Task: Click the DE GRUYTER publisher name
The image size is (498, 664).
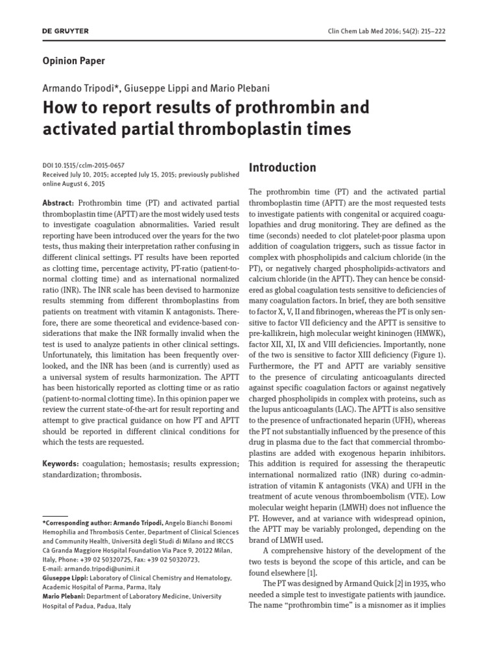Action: tap(65, 30)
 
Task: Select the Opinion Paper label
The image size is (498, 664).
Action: tap(73, 61)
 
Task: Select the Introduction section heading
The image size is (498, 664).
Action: tap(283, 167)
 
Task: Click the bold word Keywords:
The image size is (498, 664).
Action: tap(60, 464)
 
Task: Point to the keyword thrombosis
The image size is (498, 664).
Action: tap(121, 474)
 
